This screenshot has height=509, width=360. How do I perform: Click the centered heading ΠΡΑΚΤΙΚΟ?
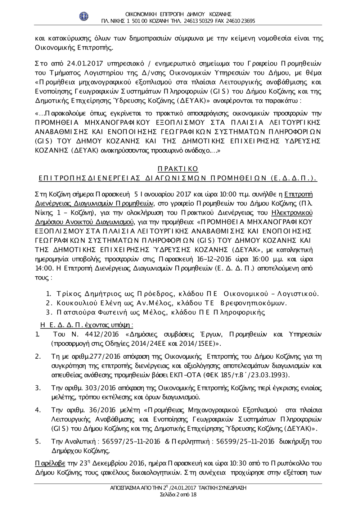click(x=178, y=169)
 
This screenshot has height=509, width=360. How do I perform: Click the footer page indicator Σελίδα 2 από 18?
click(x=178, y=495)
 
